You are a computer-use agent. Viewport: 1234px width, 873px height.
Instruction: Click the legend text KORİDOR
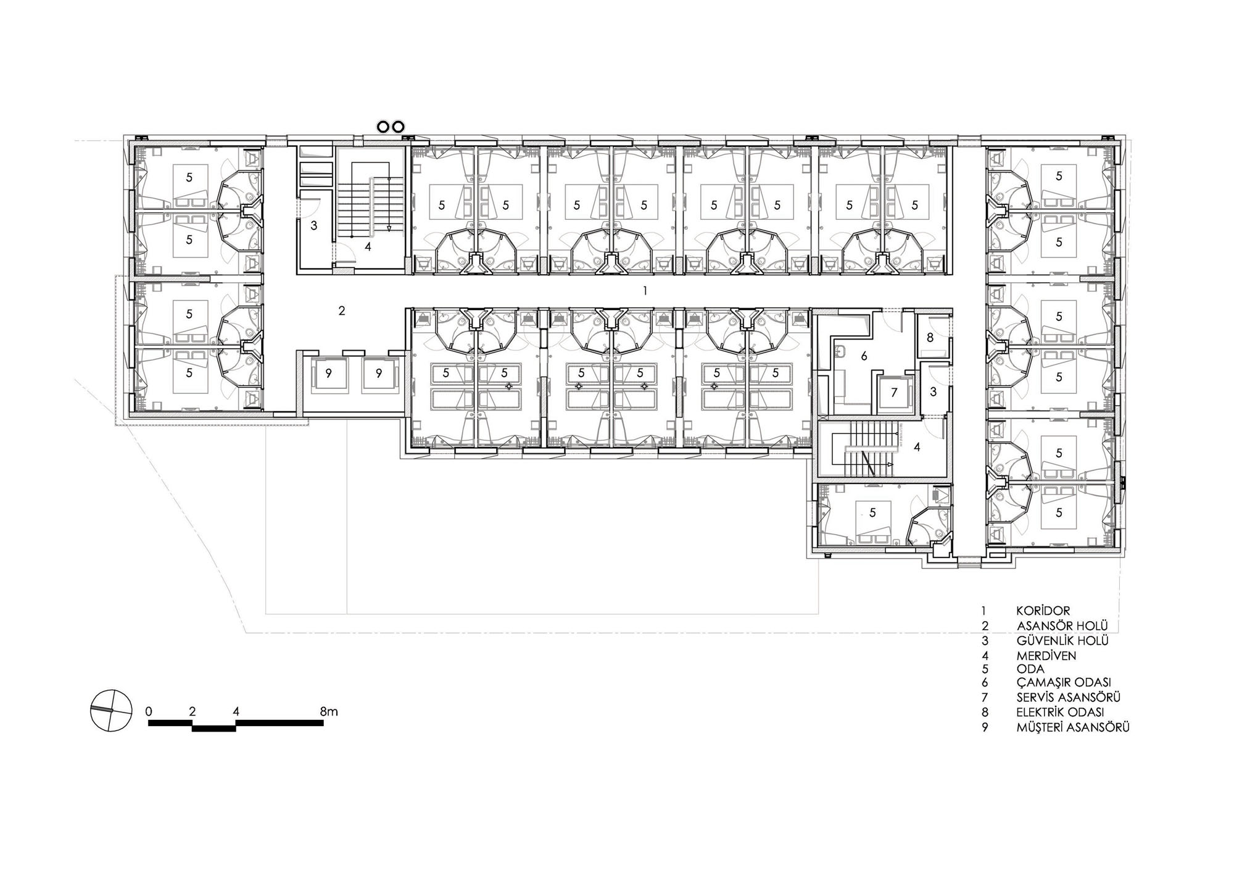pyautogui.click(x=1043, y=611)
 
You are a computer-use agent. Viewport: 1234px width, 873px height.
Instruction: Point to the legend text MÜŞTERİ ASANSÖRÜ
pyautogui.click(x=1073, y=727)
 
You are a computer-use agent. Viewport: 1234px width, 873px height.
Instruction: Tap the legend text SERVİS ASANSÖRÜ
pyautogui.click(x=1068, y=697)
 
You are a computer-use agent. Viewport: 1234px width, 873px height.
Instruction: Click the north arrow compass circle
pyautogui.click(x=111, y=709)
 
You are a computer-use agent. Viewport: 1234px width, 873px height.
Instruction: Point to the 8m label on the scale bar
pyautogui.click(x=329, y=711)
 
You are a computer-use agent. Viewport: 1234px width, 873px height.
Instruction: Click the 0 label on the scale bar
pyautogui.click(x=149, y=711)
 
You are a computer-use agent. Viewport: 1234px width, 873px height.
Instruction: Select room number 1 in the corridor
pyautogui.click(x=645, y=290)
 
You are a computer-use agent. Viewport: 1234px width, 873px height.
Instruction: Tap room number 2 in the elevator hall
pyautogui.click(x=342, y=311)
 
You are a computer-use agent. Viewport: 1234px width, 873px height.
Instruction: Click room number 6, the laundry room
pyautogui.click(x=864, y=356)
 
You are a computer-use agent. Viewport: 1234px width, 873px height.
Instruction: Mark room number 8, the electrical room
pyautogui.click(x=930, y=338)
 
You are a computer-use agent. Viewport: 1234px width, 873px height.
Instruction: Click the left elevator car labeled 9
pyautogui.click(x=329, y=373)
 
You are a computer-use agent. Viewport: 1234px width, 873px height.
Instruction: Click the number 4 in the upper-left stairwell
pyautogui.click(x=368, y=247)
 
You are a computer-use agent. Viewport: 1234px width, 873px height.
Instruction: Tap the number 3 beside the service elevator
pyautogui.click(x=934, y=391)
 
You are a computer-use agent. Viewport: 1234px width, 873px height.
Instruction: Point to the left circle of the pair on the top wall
pyautogui.click(x=383, y=127)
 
